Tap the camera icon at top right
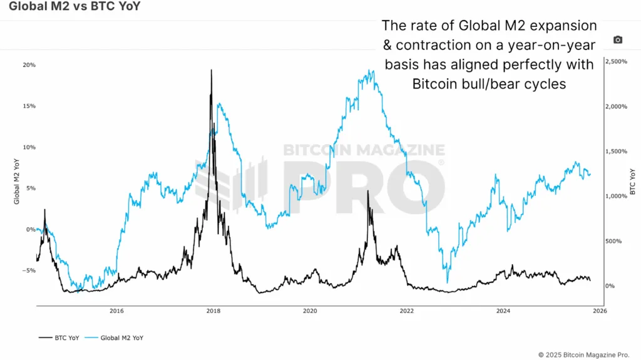[618, 40]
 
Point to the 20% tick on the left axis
[29, 65]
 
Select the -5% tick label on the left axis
[29, 270]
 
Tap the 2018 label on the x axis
[213, 311]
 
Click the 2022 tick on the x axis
[406, 311]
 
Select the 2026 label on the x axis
[599, 311]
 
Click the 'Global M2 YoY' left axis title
[17, 182]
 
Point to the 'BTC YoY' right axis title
[632, 182]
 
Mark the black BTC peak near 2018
[212, 70]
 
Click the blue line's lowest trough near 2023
[447, 282]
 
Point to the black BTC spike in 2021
[368, 191]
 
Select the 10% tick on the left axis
[29, 147]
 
